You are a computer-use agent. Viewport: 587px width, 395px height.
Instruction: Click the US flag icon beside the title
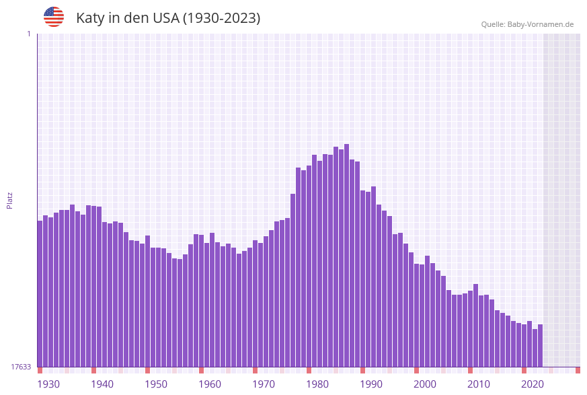click(x=54, y=17)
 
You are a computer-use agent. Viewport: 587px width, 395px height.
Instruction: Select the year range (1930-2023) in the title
click(x=221, y=18)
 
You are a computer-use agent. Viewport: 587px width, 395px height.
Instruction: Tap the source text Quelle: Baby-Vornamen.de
click(x=527, y=24)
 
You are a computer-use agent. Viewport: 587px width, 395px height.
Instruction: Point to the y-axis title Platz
click(x=9, y=200)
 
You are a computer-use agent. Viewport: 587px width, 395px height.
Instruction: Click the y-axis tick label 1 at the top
click(x=28, y=34)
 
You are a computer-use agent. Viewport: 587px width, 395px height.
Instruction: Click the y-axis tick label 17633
click(x=20, y=367)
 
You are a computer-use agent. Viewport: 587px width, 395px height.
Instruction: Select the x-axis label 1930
click(x=48, y=384)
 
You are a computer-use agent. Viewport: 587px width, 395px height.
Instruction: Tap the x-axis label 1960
click(x=210, y=384)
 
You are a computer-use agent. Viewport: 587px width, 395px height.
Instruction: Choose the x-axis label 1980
click(x=317, y=384)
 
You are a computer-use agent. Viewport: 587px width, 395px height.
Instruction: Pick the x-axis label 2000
click(x=425, y=384)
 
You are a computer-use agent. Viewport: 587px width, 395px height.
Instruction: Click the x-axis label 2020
click(x=533, y=384)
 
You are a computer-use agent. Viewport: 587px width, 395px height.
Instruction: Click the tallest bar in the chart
click(x=346, y=256)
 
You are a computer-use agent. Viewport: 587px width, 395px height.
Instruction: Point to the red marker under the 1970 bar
click(x=255, y=370)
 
